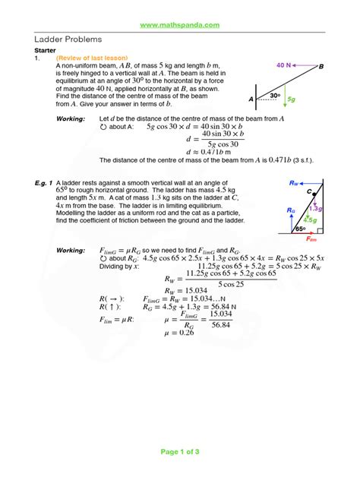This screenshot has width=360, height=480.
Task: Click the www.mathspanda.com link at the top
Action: [180, 25]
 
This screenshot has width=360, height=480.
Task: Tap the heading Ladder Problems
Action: [69, 39]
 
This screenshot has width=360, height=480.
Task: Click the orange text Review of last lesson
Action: [93, 58]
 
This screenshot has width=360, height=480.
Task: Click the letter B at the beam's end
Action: [321, 67]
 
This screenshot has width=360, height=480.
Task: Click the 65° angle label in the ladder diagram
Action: [300, 227]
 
